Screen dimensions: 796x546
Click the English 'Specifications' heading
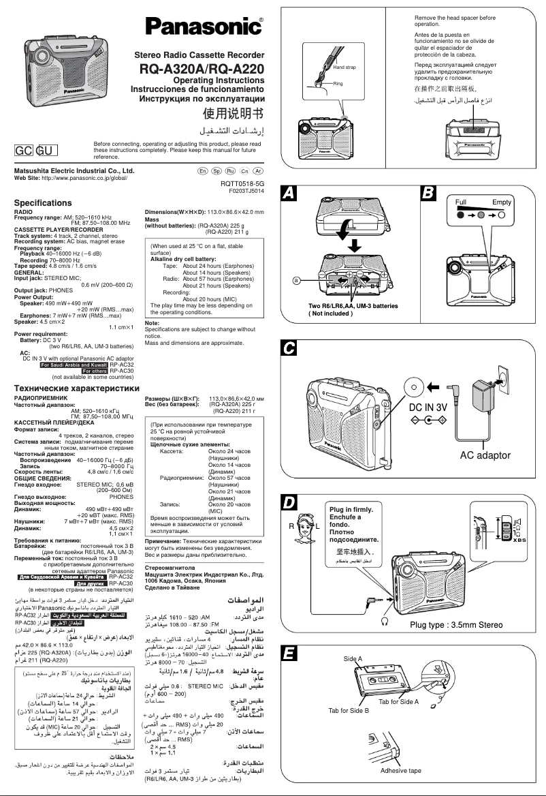click(43, 203)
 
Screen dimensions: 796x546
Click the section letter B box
click(430, 194)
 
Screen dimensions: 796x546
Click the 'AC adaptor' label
click(485, 455)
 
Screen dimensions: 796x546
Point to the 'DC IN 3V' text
click(428, 407)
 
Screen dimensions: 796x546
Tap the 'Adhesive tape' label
click(400, 770)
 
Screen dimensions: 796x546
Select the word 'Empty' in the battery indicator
click(502, 202)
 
